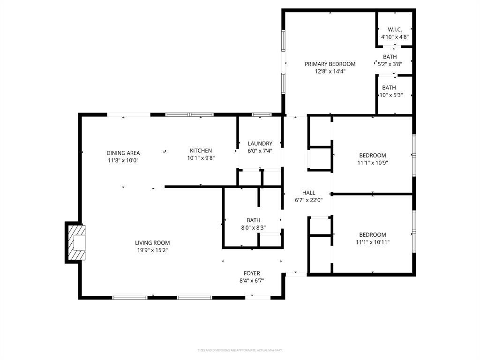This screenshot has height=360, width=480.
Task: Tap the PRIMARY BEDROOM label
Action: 330,64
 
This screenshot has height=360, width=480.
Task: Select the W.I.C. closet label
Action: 395,29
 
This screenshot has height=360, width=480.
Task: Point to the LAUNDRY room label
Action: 260,143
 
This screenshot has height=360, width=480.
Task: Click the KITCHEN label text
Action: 201,150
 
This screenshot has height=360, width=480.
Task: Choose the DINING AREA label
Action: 123,153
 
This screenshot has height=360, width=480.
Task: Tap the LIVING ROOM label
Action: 152,243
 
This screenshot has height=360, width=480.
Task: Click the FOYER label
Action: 252,273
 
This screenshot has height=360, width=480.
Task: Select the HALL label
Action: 309,193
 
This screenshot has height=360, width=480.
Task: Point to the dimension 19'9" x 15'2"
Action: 152,250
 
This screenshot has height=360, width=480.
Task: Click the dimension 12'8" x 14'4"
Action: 330,72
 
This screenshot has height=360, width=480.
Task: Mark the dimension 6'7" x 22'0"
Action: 309,200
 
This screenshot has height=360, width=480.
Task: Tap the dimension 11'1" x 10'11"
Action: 373,242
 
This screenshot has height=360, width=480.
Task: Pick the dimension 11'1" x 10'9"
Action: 373,163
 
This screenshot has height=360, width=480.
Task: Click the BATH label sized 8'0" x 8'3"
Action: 254,220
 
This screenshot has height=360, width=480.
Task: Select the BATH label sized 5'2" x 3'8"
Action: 390,57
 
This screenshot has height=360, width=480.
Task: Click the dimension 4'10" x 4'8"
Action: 395,37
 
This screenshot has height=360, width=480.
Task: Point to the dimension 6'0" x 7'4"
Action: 260,151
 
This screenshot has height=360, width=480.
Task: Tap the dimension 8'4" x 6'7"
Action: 252,281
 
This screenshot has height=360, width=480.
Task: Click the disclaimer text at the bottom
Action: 240,350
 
